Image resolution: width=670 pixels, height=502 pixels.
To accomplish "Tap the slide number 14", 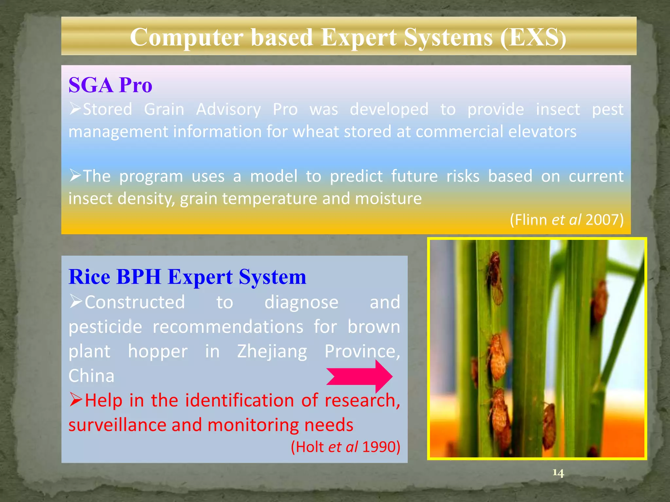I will click(558, 473).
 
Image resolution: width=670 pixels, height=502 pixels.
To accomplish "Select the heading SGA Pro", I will click(110, 85).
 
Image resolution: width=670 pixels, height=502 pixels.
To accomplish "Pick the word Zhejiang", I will click(272, 351).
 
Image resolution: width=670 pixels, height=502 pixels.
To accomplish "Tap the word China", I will click(91, 376).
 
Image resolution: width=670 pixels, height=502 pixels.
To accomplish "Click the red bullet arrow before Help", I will click(76, 400).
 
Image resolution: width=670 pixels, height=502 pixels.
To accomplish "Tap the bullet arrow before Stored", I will click(75, 109).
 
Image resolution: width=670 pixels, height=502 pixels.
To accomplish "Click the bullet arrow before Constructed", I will click(76, 301).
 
